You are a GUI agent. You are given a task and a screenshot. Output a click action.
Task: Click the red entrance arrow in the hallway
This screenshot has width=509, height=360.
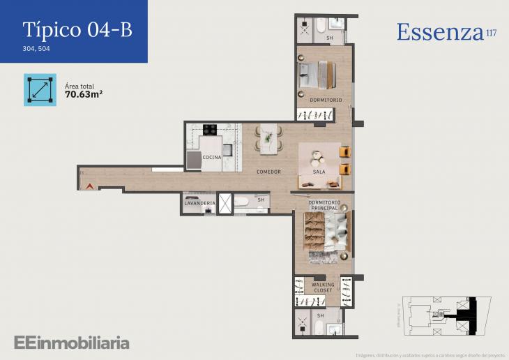point(89,186)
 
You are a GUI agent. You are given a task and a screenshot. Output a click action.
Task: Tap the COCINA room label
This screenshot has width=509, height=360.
point(212,158)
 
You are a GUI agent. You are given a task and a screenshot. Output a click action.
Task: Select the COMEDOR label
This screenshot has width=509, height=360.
point(268,172)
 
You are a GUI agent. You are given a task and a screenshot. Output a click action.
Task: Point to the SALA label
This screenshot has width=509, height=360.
point(319,172)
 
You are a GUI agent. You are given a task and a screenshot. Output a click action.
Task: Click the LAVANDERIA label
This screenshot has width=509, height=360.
point(199,203)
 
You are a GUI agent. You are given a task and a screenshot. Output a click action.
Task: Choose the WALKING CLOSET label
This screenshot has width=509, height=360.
point(323,287)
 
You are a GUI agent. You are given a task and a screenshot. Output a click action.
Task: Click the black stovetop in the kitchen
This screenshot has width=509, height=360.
point(210,129)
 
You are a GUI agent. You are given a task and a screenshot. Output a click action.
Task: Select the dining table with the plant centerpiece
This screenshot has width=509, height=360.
point(268,137)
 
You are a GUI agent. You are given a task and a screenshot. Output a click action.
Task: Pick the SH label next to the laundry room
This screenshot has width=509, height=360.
point(261,200)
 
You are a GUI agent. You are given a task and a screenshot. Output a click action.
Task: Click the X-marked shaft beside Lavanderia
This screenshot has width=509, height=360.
point(225,204)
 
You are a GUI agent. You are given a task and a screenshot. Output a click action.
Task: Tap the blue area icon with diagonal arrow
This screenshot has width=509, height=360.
point(40,90)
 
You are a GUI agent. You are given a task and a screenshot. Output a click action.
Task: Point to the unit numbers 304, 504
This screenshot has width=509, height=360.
point(36,49)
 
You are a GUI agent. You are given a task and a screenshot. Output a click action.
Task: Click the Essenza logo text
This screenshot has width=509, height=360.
point(440,32)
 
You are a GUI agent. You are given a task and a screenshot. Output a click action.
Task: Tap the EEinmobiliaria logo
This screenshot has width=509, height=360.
point(72,343)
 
